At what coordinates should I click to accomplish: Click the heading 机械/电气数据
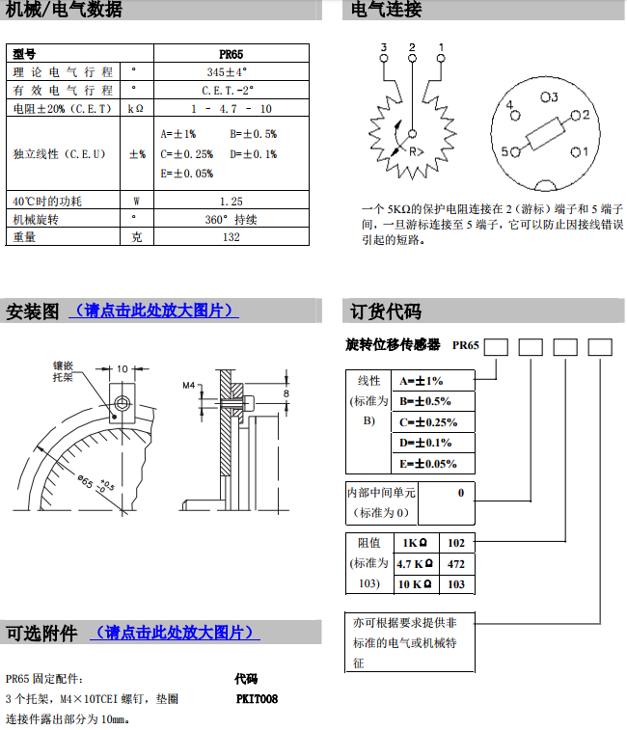pyautogui.click(x=65, y=11)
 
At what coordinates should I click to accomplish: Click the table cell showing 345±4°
pyautogui.click(x=231, y=71)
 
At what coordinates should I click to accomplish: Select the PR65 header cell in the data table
pyautogui.click(x=231, y=54)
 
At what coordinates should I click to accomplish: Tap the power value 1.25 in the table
pyautogui.click(x=231, y=202)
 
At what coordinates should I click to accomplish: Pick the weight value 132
pyautogui.click(x=231, y=237)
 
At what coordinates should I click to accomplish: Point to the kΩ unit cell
pyautogui.click(x=136, y=108)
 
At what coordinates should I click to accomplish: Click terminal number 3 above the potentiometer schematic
pyautogui.click(x=384, y=47)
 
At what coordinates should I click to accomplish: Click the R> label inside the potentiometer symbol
pyautogui.click(x=416, y=151)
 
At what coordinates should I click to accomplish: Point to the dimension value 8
pyautogui.click(x=285, y=393)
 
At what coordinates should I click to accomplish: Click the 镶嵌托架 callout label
pyautogui.click(x=63, y=371)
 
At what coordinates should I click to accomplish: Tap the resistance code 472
pyautogui.click(x=456, y=563)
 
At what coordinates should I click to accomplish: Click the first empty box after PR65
pyautogui.click(x=496, y=346)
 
